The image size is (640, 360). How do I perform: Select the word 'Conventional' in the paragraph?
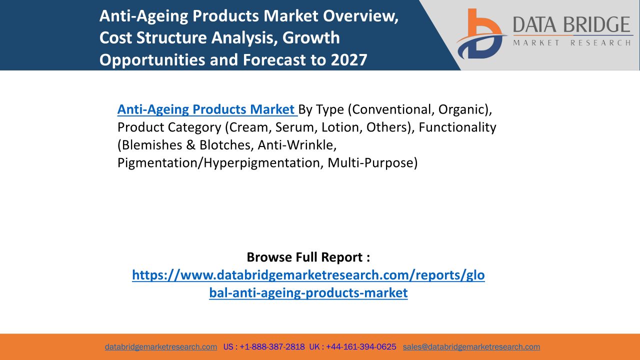pos(391,109)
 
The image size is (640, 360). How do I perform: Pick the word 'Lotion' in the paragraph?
pos(340,127)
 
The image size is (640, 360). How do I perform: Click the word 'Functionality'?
pos(457,127)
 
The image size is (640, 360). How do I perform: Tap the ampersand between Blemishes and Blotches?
pos(190,145)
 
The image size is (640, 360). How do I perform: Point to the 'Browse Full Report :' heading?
pos(308,257)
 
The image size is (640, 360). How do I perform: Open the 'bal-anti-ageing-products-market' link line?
pos(308,293)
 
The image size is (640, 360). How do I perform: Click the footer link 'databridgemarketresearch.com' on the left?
pos(161,347)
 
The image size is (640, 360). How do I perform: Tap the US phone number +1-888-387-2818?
pos(272,347)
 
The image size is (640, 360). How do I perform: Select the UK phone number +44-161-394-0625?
pos(361,347)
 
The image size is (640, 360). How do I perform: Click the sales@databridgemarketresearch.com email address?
pos(471,347)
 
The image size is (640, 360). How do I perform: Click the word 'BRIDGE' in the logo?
pos(597,24)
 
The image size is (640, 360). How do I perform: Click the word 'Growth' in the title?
pos(311,38)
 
